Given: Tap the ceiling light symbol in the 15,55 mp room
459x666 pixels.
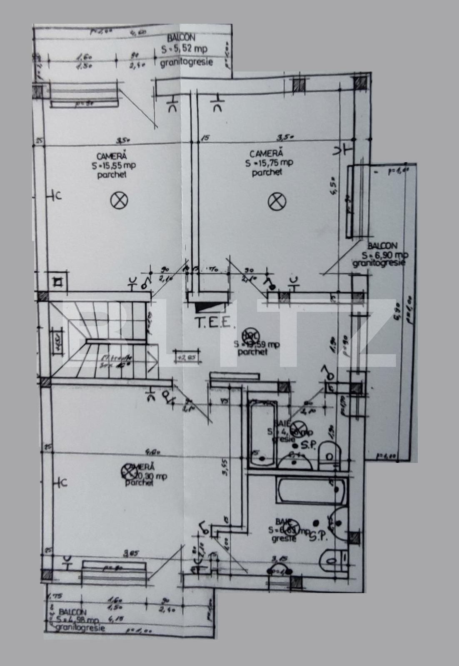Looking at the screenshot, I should (x=119, y=201).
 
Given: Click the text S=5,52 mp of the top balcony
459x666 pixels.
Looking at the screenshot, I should (x=185, y=49).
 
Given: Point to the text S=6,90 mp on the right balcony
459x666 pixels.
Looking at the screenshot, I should (x=384, y=255).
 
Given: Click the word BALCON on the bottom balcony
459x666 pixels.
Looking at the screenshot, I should (x=73, y=612).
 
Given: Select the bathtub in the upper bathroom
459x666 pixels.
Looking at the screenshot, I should (x=262, y=429).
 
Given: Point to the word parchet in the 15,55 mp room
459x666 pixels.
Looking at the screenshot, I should (x=112, y=175).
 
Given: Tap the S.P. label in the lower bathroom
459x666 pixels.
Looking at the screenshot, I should (x=319, y=537).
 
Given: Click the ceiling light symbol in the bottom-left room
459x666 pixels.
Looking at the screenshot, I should (x=128, y=471).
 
